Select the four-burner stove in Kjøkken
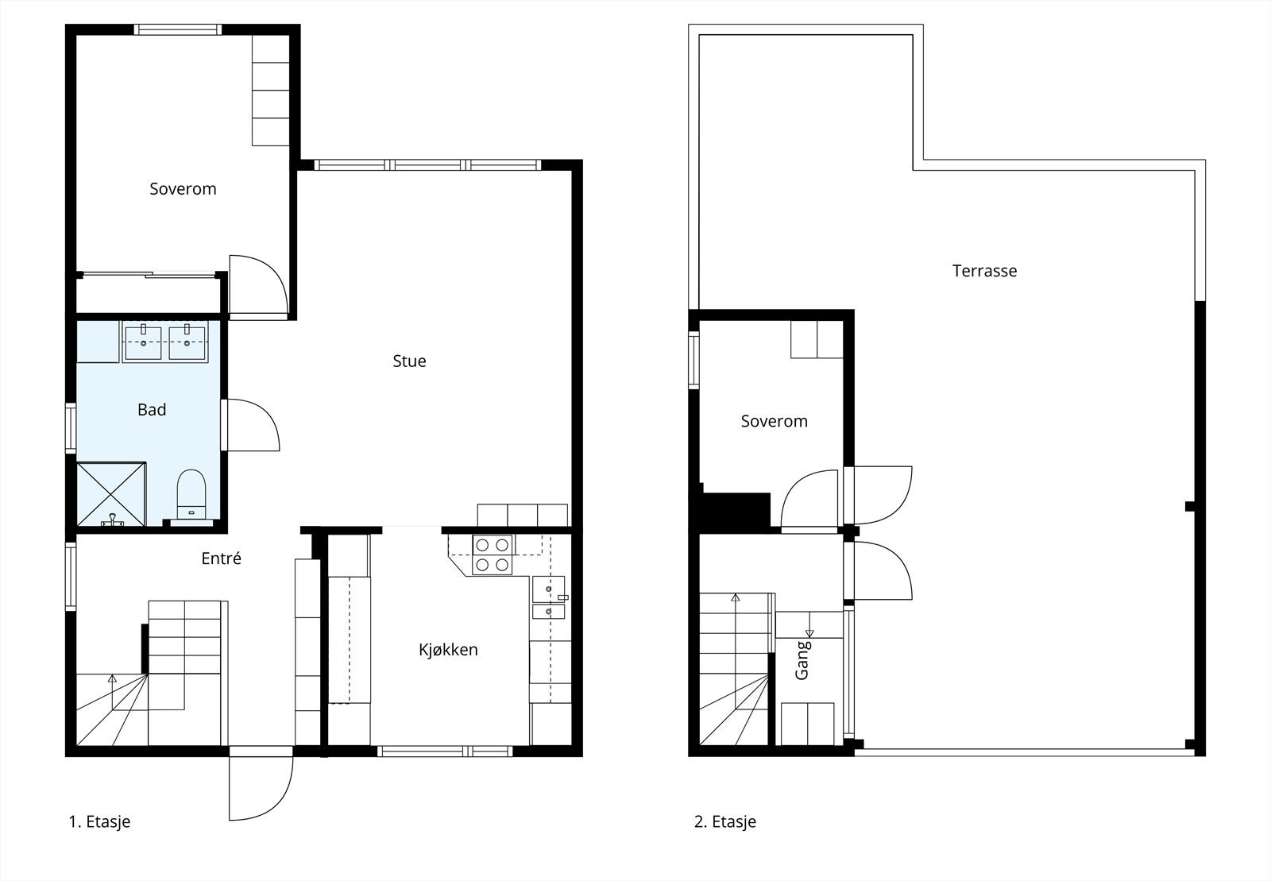(x=492, y=554)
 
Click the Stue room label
(x=409, y=361)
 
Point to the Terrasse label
(x=984, y=271)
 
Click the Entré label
(x=221, y=558)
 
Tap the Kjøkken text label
(x=448, y=650)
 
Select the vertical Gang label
(x=802, y=660)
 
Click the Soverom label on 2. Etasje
(x=774, y=421)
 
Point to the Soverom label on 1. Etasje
(x=183, y=189)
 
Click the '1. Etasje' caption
(x=99, y=822)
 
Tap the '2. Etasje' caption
(x=724, y=822)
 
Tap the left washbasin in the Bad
(x=142, y=342)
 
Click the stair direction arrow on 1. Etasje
(x=112, y=679)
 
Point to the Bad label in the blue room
(x=152, y=410)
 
